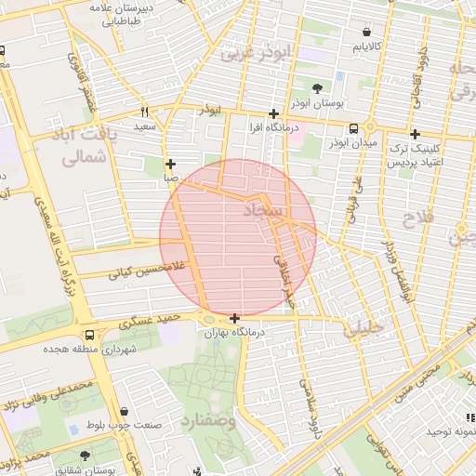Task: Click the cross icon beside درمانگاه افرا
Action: point(272,112)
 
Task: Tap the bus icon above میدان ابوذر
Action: point(353,129)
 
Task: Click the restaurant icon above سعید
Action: point(144,110)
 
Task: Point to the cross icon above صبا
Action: point(170,163)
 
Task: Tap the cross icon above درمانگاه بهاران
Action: point(234,319)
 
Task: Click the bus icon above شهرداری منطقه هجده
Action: point(88,335)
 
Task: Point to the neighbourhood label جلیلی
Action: point(363,328)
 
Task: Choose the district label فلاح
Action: point(416,219)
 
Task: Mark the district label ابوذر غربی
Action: point(250,54)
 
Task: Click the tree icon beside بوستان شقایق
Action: point(86,456)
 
